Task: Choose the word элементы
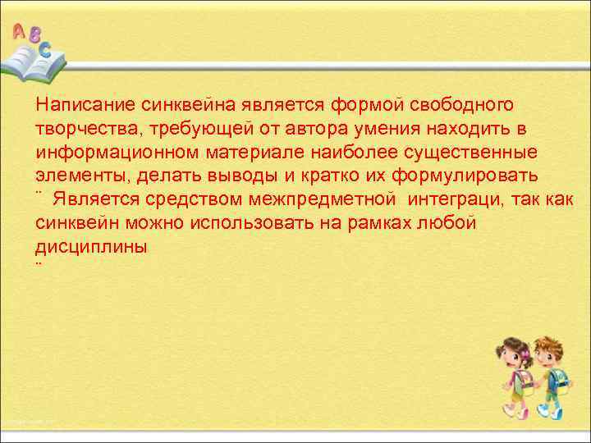tap(76, 176)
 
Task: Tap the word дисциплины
tap(92, 247)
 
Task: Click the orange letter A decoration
tap(19, 32)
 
